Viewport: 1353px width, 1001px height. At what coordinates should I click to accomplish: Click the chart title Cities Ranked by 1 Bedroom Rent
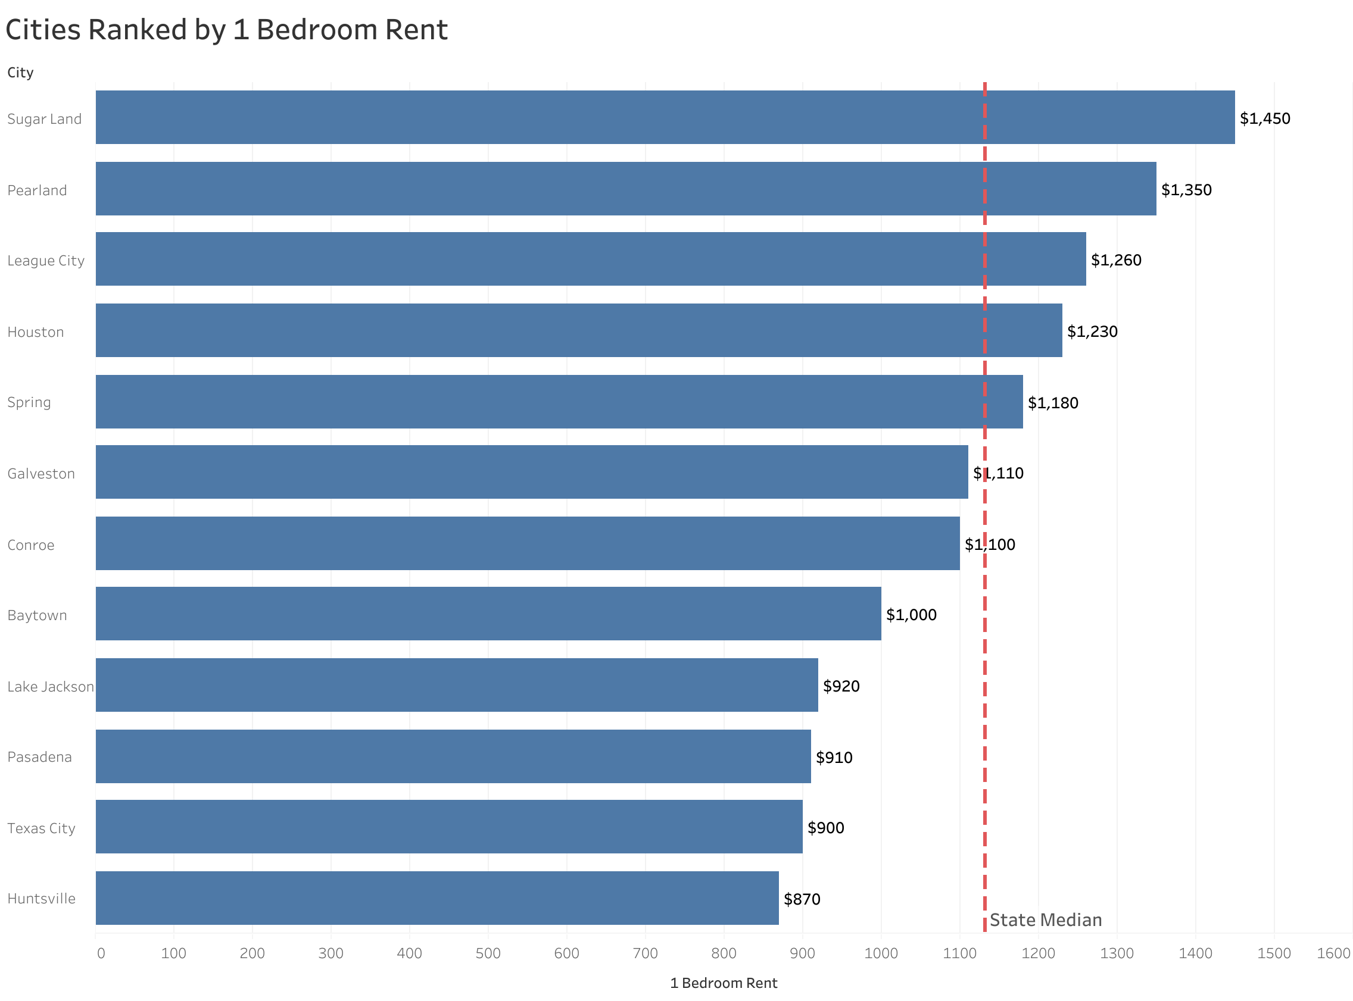coord(226,30)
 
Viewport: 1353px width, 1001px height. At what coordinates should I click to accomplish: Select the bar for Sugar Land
coord(665,118)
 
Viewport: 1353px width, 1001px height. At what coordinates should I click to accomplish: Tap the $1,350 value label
coord(1186,190)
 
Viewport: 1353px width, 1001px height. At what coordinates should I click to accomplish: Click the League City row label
coord(45,261)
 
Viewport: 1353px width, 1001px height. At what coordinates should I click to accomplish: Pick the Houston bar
coord(578,330)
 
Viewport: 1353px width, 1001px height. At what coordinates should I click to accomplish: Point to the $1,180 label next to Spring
coord(1052,403)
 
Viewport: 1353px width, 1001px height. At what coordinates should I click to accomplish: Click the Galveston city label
coord(41,473)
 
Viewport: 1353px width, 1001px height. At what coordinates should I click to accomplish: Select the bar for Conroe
coord(528,543)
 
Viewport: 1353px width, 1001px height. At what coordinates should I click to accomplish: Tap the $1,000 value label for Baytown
coord(911,614)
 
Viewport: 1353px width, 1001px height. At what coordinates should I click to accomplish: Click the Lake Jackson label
coord(50,687)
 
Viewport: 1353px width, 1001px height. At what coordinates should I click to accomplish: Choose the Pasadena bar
coord(453,756)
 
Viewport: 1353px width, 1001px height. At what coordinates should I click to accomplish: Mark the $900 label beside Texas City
coord(825,828)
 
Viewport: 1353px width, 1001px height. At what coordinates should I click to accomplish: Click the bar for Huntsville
coord(437,898)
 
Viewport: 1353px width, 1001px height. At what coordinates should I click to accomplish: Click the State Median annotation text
coord(1045,920)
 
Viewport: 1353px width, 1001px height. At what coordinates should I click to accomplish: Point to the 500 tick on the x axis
coord(488,953)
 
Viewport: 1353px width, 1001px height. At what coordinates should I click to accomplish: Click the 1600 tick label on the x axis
coord(1333,953)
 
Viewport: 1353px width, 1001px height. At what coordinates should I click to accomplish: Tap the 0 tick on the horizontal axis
coord(101,953)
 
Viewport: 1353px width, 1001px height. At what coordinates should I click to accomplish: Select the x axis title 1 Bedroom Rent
coord(723,983)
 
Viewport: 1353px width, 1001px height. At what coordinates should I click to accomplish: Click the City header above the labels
coord(20,73)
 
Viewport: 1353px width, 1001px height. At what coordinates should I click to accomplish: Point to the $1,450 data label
coord(1264,118)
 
